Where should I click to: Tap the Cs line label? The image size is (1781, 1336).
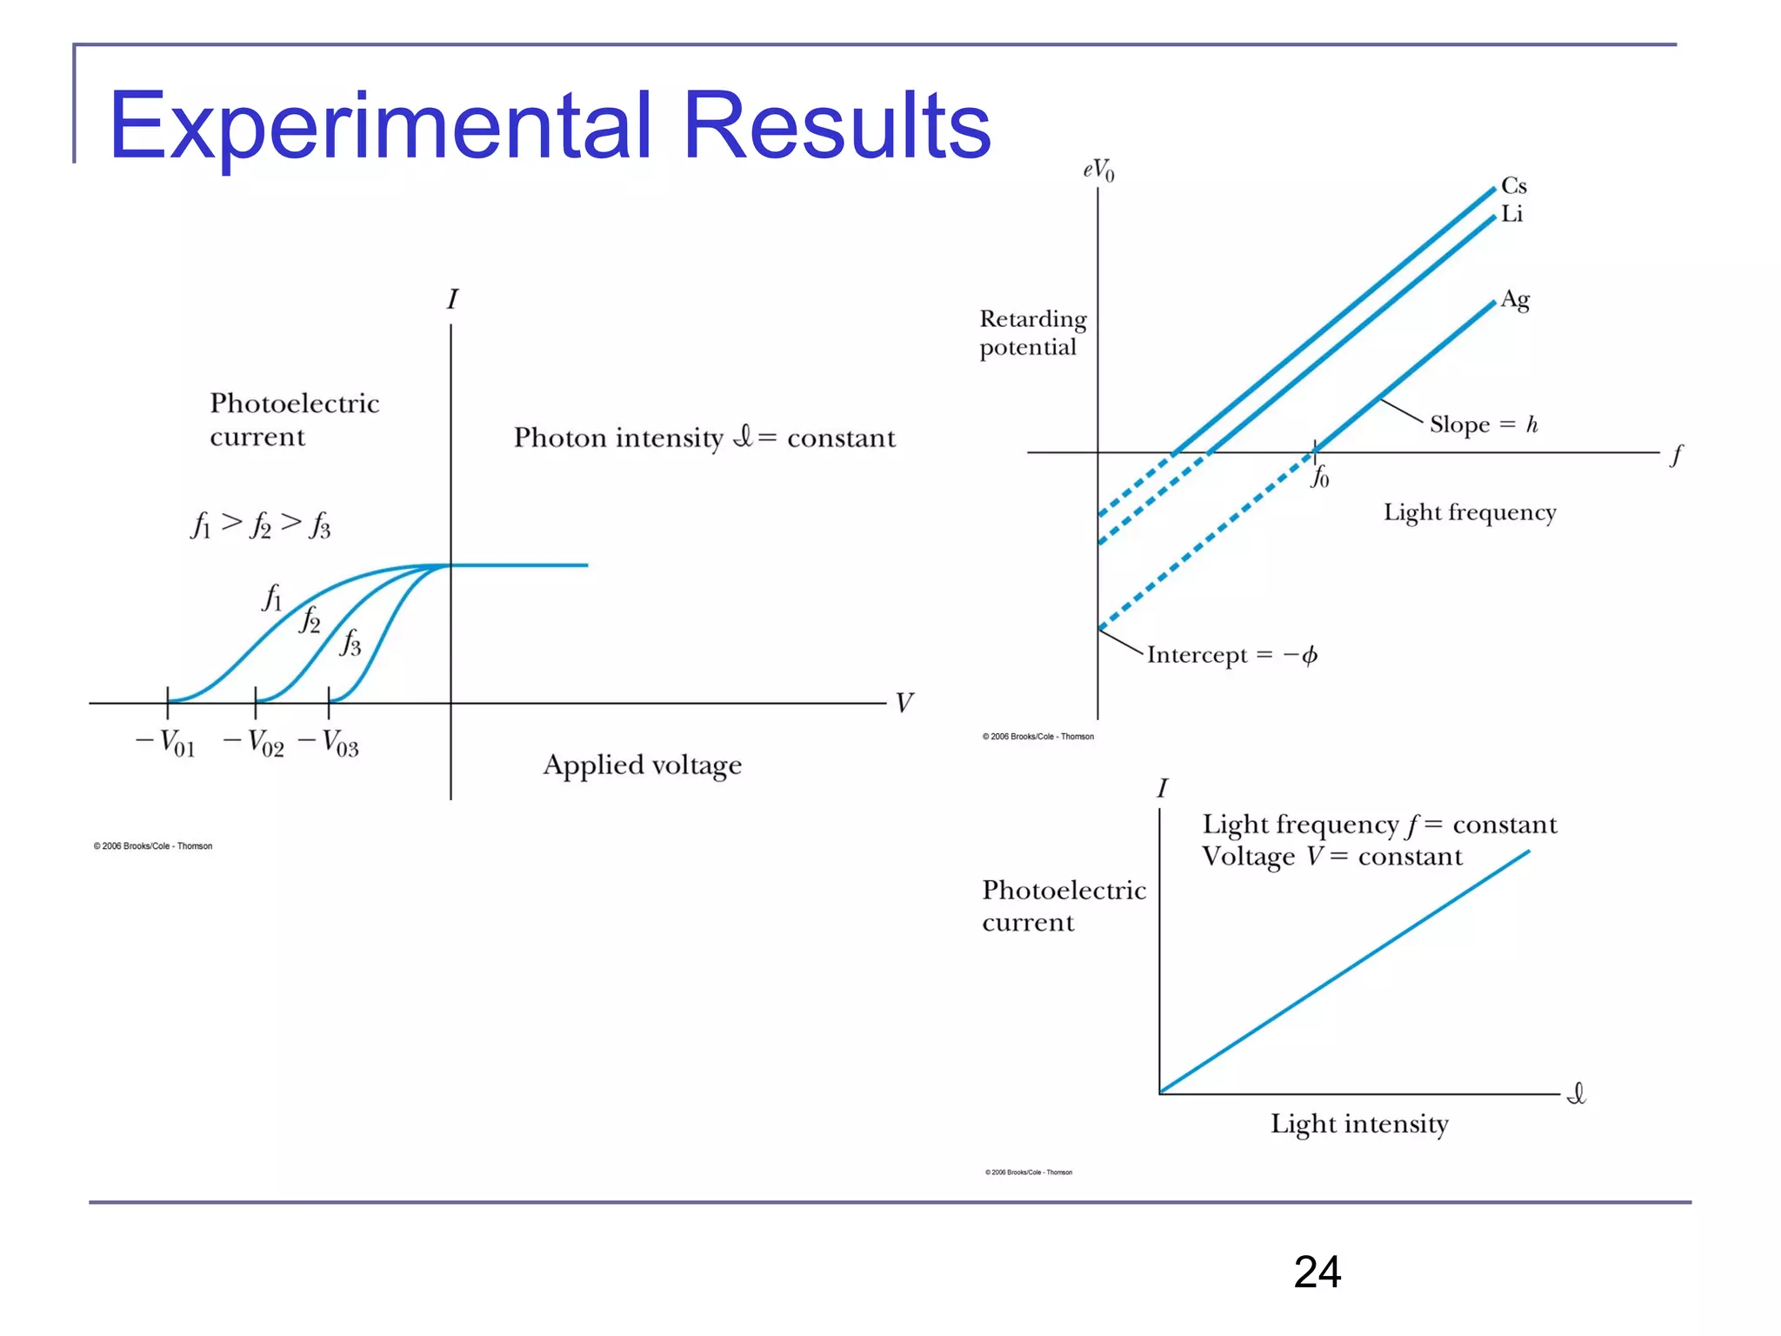pyautogui.click(x=1513, y=186)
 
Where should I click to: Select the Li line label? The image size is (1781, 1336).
pyautogui.click(x=1511, y=214)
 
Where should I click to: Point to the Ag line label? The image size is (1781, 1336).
pyautogui.click(x=1515, y=300)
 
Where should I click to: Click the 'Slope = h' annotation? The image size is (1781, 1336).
pyautogui.click(x=1484, y=424)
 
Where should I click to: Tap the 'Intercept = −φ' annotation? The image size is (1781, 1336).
pyautogui.click(x=1231, y=655)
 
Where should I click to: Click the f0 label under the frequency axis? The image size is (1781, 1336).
pyautogui.click(x=1319, y=477)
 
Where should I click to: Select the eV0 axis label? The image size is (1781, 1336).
pyautogui.click(x=1098, y=170)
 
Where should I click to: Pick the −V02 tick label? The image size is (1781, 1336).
pyautogui.click(x=254, y=744)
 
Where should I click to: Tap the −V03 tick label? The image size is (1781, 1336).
pyautogui.click(x=329, y=744)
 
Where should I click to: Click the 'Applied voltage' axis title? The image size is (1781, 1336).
pyautogui.click(x=643, y=765)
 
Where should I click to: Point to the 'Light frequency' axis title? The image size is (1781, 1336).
pyautogui.click(x=1470, y=512)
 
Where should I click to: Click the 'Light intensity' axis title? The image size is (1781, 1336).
pyautogui.click(x=1359, y=1124)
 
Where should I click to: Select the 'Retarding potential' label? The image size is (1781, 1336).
pyautogui.click(x=1032, y=333)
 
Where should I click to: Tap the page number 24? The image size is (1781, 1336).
pyautogui.click(x=1317, y=1272)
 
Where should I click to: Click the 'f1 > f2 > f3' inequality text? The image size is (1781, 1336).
pyautogui.click(x=261, y=524)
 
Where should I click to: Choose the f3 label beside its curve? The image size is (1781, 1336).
pyautogui.click(x=350, y=642)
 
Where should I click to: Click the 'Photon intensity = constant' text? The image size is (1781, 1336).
pyautogui.click(x=704, y=437)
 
